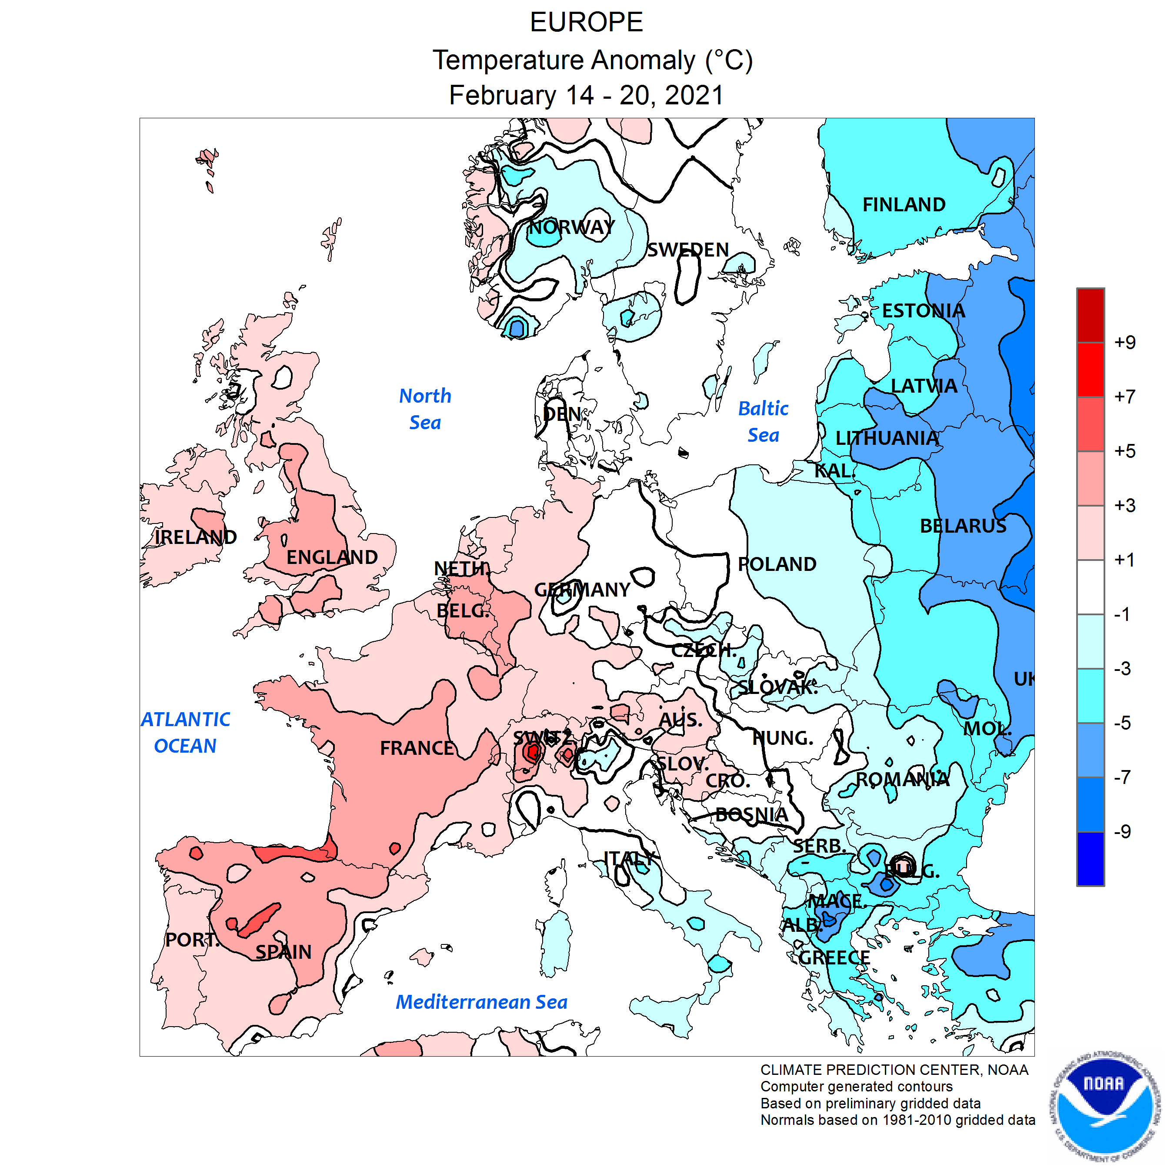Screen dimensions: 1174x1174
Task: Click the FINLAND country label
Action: [x=904, y=205]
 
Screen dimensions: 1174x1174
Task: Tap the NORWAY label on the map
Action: [x=571, y=227]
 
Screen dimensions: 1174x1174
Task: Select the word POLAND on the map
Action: [x=777, y=564]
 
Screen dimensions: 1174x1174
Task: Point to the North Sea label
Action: [x=425, y=409]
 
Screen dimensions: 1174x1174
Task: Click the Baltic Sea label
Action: [x=763, y=422]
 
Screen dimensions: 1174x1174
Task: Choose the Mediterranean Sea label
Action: [x=481, y=1002]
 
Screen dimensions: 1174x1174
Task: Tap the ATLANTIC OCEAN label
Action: [x=185, y=732]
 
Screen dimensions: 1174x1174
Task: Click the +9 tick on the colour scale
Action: [x=1125, y=342]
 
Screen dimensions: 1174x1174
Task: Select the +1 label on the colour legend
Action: [x=1125, y=560]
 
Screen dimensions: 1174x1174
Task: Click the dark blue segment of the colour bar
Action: [x=1090, y=859]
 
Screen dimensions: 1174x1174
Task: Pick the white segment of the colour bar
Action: [x=1090, y=587]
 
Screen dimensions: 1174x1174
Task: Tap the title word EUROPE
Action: [x=587, y=23]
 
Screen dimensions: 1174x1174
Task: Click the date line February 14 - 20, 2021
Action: [x=587, y=95]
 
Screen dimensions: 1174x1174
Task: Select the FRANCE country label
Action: [x=417, y=748]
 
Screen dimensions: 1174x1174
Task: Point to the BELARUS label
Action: [x=963, y=526]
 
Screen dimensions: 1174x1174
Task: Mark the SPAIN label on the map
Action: [x=283, y=952]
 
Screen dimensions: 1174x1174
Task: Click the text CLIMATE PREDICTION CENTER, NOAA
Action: [x=894, y=1070]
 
